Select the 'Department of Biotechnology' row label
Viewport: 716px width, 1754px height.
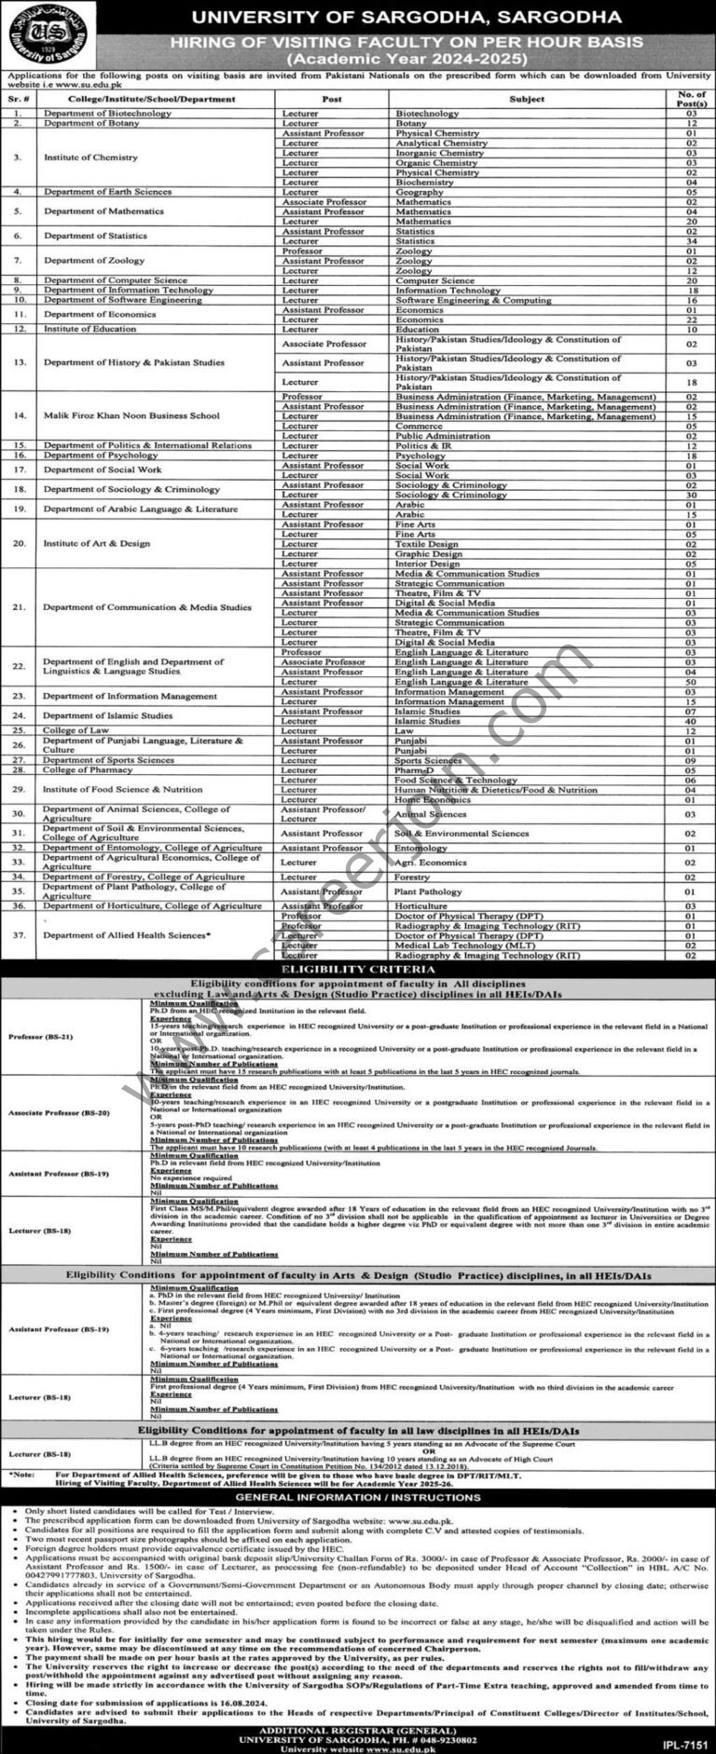[107, 114]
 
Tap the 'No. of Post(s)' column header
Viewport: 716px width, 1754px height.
[691, 99]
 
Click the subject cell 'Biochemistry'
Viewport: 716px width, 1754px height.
[424, 183]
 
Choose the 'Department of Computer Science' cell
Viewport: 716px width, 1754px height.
[115, 280]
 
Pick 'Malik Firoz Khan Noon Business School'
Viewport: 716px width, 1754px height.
[131, 416]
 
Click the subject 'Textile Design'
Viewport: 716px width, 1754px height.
[426, 544]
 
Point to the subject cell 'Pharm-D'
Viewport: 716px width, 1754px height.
[415, 770]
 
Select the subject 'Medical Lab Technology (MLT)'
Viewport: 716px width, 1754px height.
[461, 945]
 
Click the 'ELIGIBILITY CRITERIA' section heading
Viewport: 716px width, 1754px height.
[358, 970]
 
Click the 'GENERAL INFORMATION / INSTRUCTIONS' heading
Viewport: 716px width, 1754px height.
[358, 1497]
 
